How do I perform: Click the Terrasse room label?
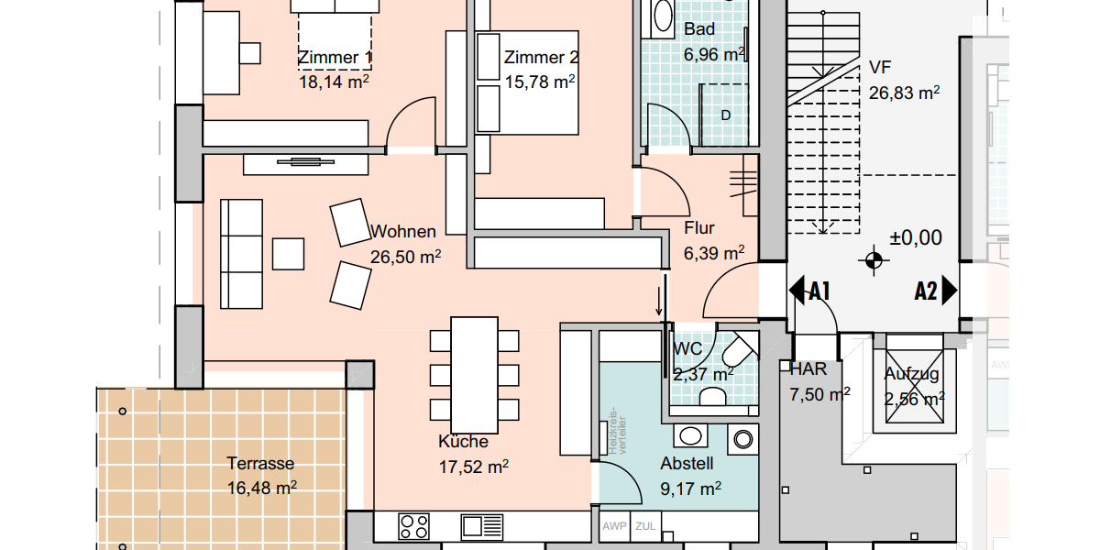coord(261,464)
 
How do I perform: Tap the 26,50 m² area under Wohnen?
coord(405,258)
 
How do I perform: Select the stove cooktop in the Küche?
coord(414,526)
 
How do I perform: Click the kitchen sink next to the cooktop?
coord(482,526)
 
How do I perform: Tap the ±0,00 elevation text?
coord(916,238)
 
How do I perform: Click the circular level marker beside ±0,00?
coord(874,261)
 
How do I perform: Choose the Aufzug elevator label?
coord(911,374)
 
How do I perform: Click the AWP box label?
coord(614,526)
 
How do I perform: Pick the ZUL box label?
coord(645,526)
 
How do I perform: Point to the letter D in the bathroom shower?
coord(725,115)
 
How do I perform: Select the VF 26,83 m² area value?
coord(904,93)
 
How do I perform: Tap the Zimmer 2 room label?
coord(541,58)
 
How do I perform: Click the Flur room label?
coord(699,228)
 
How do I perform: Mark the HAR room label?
coord(808,370)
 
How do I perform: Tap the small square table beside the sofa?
coord(289,254)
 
